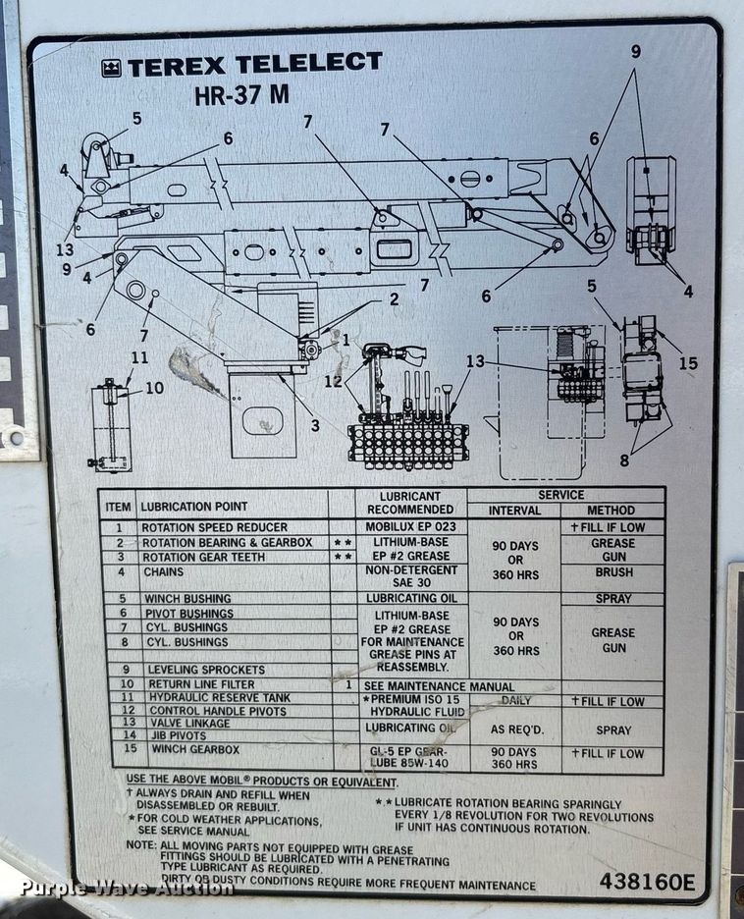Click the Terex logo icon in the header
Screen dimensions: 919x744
coord(110,68)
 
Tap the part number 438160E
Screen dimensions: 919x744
coord(646,881)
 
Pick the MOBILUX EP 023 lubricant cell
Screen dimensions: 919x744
coord(410,528)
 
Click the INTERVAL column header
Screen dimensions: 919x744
coord(514,511)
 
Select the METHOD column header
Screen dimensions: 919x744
coord(611,511)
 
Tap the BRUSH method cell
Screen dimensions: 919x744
coord(612,571)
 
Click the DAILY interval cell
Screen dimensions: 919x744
coord(515,700)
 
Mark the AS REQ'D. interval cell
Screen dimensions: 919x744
coord(514,729)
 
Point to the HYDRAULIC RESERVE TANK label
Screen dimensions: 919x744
coord(216,698)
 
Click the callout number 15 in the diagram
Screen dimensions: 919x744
coord(687,363)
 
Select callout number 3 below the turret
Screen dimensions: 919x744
coord(315,425)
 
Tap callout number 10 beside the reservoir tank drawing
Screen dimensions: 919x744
coord(154,389)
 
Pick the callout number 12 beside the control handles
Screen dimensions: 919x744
coord(334,381)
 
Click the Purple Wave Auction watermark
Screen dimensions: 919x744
coord(114,889)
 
